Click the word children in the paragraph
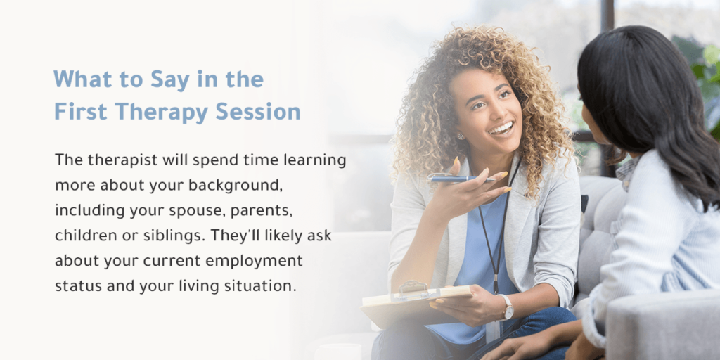click(x=81, y=236)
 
